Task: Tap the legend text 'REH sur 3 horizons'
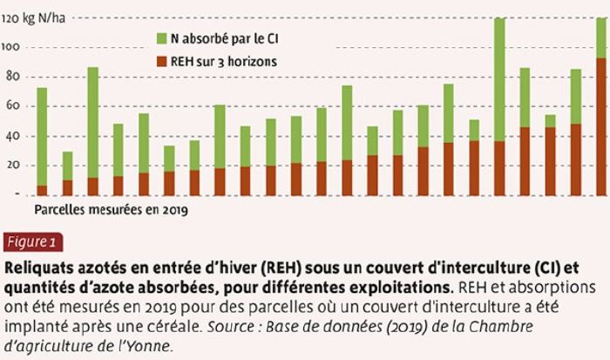tap(224, 62)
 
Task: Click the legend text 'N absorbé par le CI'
tap(224, 38)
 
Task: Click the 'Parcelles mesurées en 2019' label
tap(112, 210)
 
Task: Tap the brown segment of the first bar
tap(42, 191)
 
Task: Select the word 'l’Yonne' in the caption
tap(150, 344)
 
